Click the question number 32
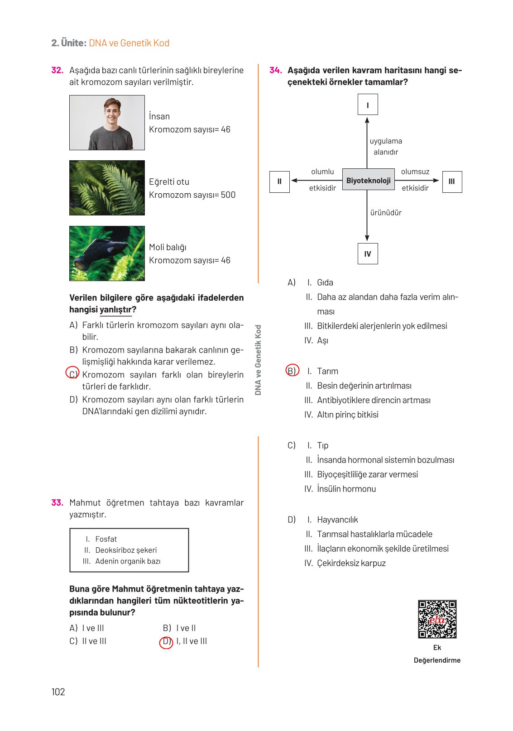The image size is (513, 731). pyautogui.click(x=57, y=70)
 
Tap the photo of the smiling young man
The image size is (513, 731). pyautogui.click(x=107, y=122)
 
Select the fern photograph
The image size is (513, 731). pyautogui.click(x=107, y=188)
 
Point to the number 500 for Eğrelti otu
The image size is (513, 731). pyautogui.click(x=228, y=195)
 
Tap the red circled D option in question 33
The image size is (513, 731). pyautogui.click(x=166, y=642)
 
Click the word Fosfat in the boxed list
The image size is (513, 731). pyautogui.click(x=106, y=539)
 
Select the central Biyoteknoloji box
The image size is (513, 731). pyautogui.click(x=368, y=181)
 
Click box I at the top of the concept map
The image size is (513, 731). pyautogui.click(x=368, y=105)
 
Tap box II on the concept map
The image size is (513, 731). pyautogui.click(x=279, y=182)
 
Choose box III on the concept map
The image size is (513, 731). pyautogui.click(x=451, y=182)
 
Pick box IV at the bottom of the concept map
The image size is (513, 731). pyautogui.click(x=368, y=254)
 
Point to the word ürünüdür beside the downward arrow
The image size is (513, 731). pyautogui.click(x=386, y=213)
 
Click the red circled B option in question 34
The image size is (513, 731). pyautogui.click(x=292, y=370)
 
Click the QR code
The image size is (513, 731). pyautogui.click(x=437, y=619)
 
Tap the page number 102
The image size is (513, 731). pyautogui.click(x=58, y=692)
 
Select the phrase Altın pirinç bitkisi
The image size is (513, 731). pyautogui.click(x=347, y=415)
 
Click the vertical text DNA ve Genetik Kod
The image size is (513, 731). pyautogui.click(x=258, y=360)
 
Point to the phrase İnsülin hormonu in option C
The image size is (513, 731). pyautogui.click(x=346, y=489)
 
